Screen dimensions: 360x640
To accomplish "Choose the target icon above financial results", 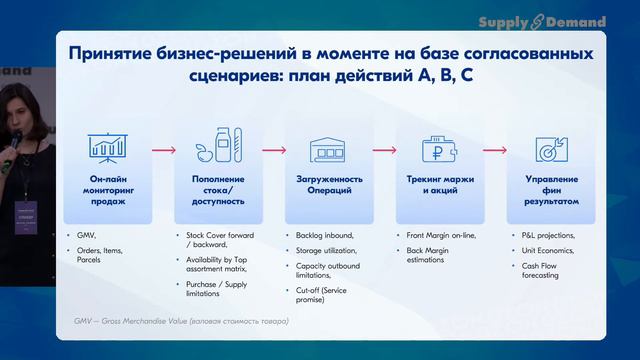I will [546, 148].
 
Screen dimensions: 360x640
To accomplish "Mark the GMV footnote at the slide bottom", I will [181, 321].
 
